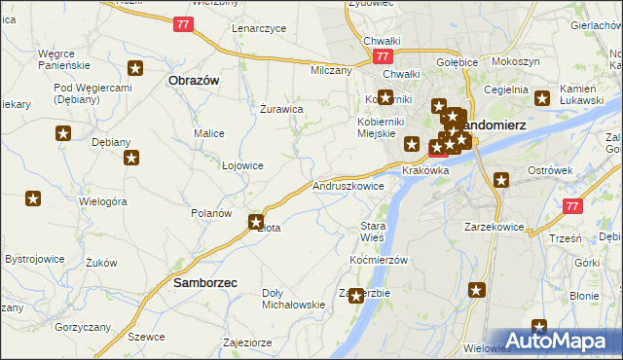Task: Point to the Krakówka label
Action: pos(425,170)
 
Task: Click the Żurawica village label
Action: pos(283,109)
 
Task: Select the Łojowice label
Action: pos(242,165)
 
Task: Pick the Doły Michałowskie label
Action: pos(293,299)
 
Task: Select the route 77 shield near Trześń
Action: pos(573,206)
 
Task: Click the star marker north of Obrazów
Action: pos(136,68)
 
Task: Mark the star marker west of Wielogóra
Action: pos(33,198)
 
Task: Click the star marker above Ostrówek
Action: pos(501,179)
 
